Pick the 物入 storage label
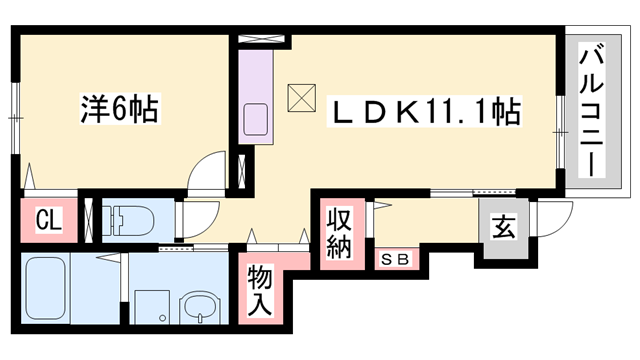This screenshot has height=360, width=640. pyautogui.click(x=261, y=290)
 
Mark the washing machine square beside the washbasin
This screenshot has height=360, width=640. pyautogui.click(x=152, y=306)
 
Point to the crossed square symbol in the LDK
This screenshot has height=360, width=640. pyautogui.click(x=300, y=98)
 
